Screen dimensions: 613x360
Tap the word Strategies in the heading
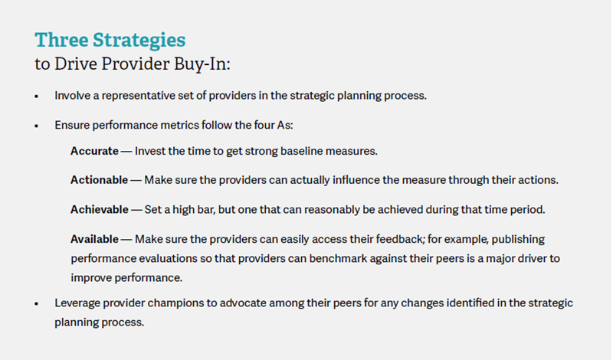[x=139, y=41]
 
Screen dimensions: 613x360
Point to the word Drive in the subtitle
[x=76, y=64]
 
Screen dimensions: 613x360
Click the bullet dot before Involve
[x=37, y=97]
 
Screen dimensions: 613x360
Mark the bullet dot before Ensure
[x=37, y=126]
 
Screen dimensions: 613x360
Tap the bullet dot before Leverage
[x=37, y=304]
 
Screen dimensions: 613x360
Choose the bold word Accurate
[x=94, y=151]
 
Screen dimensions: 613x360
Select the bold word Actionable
[x=100, y=180]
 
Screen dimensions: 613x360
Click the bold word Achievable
[x=100, y=210]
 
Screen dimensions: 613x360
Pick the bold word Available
[x=94, y=239]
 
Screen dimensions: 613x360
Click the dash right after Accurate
[x=126, y=151]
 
